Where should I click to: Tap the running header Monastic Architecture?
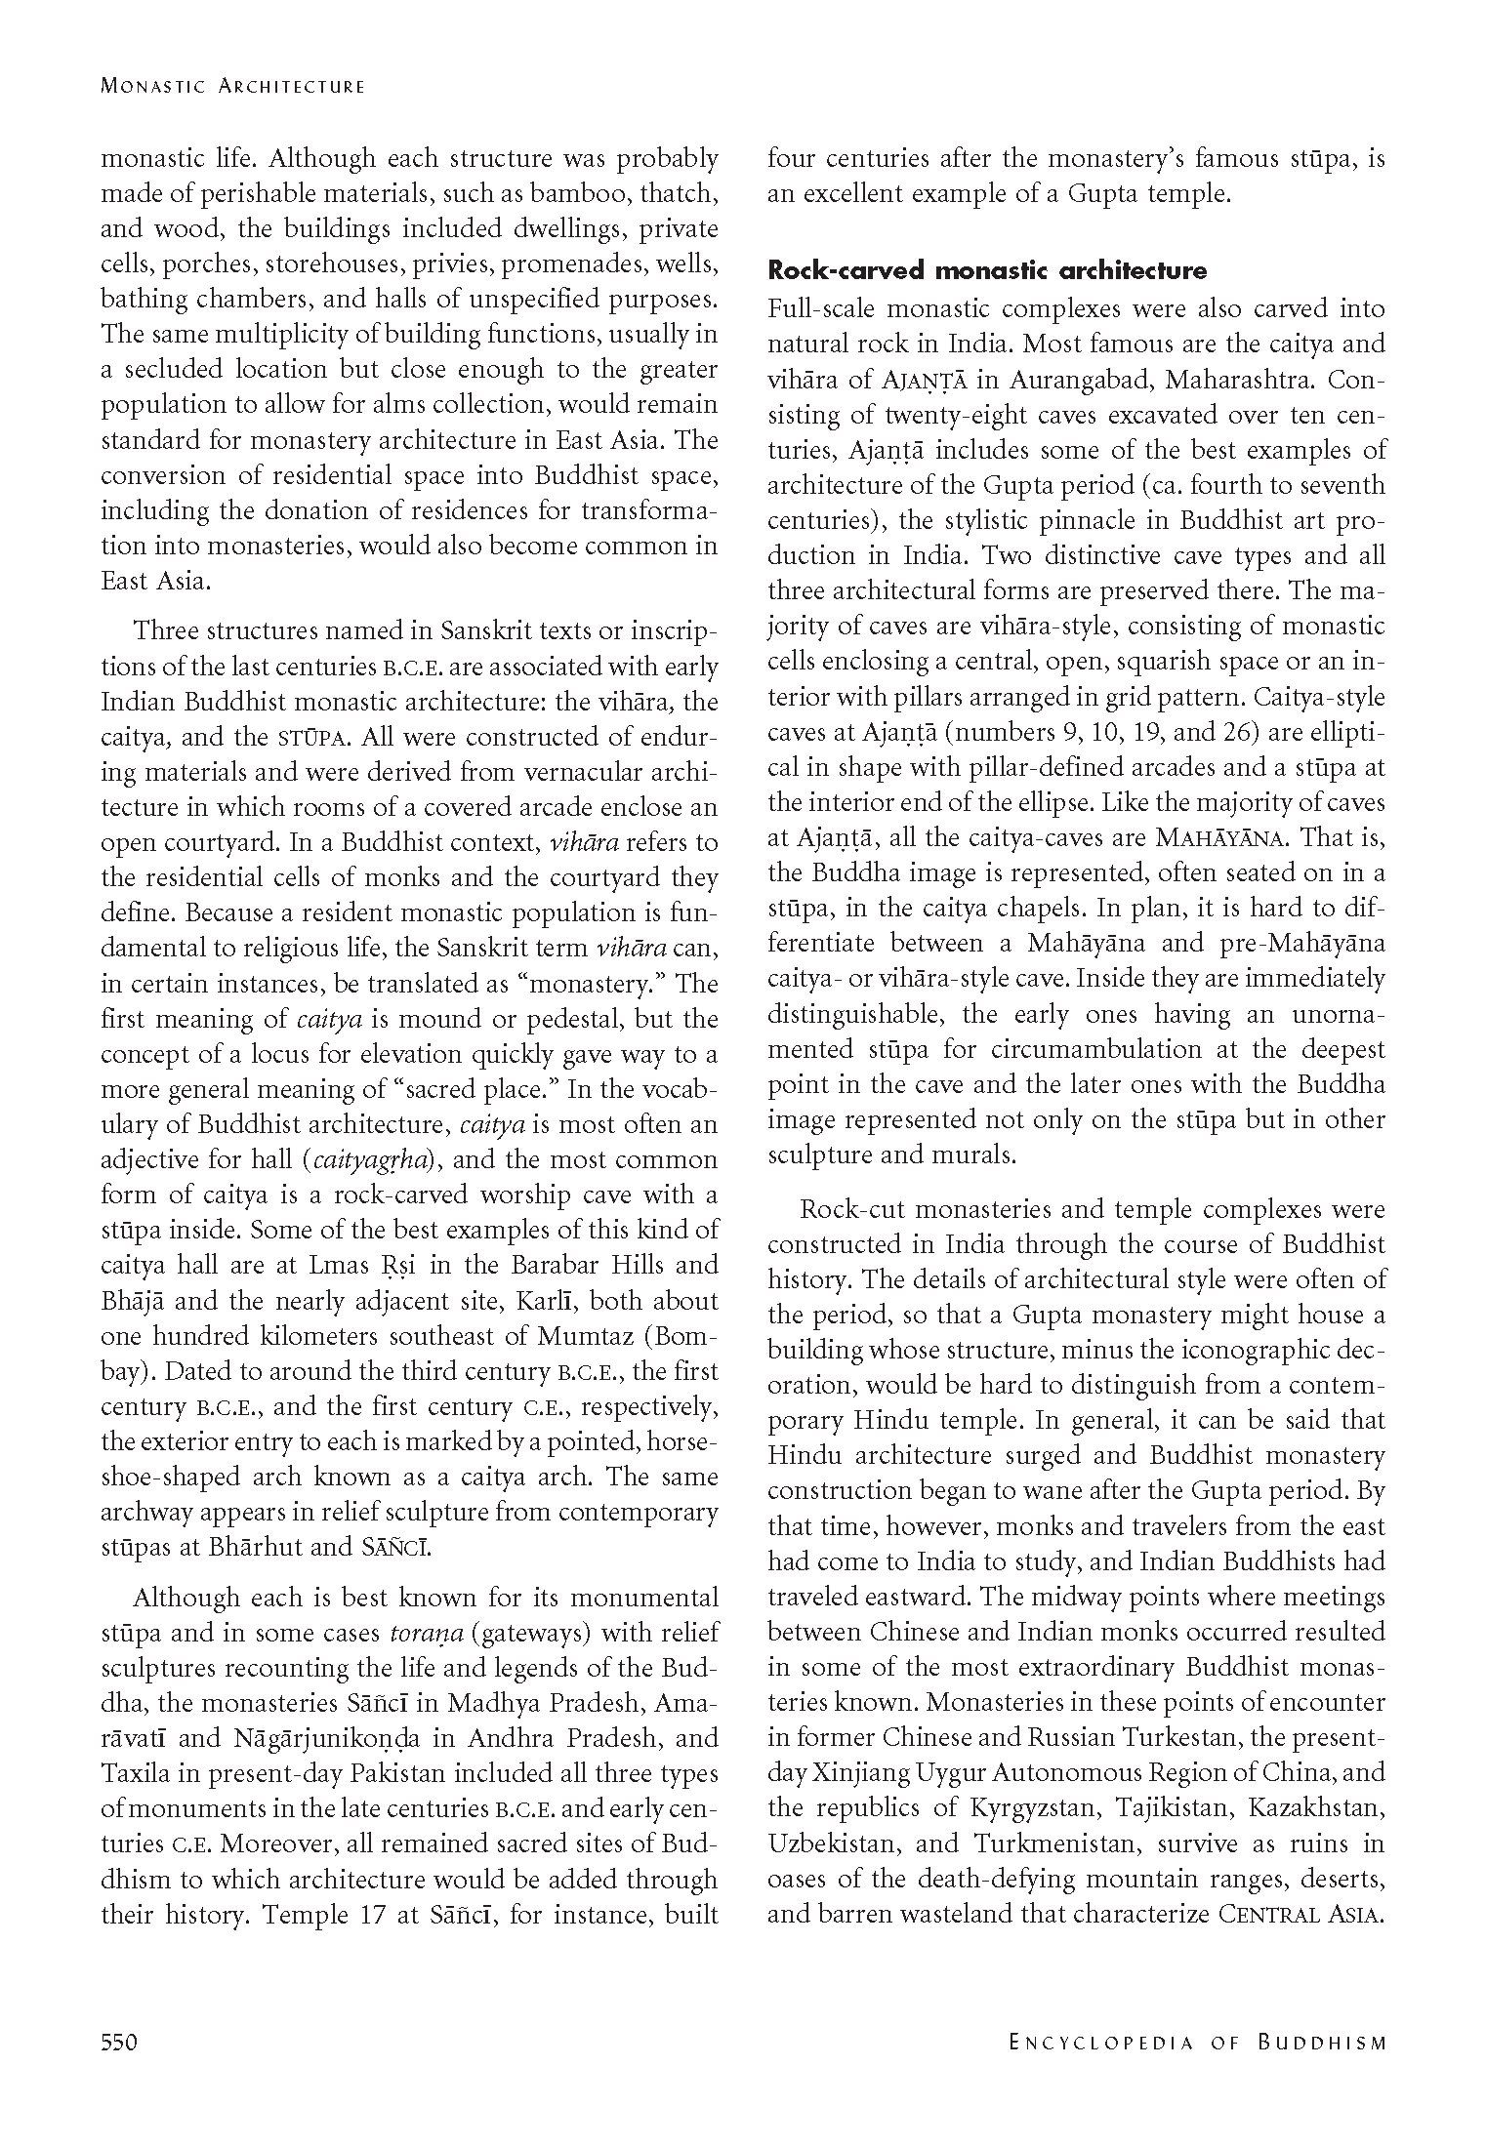click(x=232, y=86)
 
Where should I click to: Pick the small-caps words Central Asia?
click(x=1301, y=1914)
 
